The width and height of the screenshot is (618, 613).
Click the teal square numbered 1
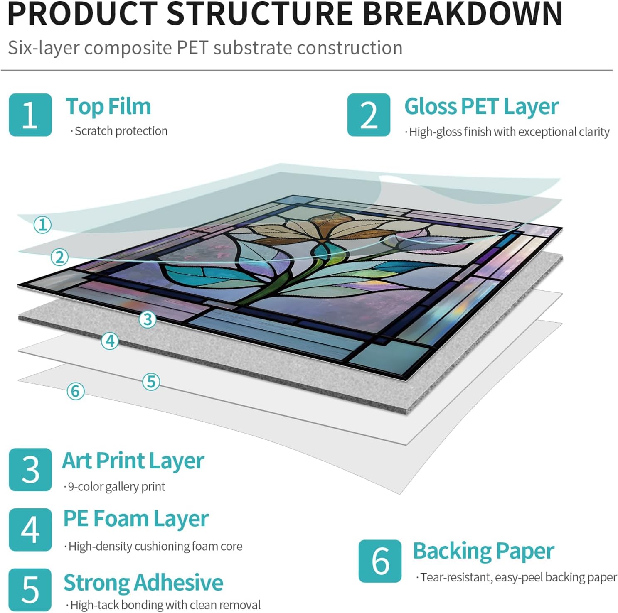pos(30,115)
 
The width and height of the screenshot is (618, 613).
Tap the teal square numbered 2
pos(369,115)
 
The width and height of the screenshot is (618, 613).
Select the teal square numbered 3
pos(30,470)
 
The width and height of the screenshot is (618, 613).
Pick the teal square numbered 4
pos(30,530)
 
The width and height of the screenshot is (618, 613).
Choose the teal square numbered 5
pos(30,589)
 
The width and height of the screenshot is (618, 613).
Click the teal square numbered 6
pos(380,561)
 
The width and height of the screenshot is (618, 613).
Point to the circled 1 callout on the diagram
pos(42,225)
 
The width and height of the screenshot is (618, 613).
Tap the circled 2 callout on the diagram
pos(59,257)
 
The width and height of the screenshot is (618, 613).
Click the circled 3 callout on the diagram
pos(147,319)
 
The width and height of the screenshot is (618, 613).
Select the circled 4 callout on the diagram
pos(110,341)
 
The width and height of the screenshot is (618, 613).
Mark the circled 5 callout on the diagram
pos(151,382)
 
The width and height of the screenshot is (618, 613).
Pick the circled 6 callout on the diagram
pos(76,391)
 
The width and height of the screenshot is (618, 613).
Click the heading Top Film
pos(108,106)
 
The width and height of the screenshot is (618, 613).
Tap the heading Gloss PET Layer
pos(481,107)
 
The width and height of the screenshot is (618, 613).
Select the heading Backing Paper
pos(483,552)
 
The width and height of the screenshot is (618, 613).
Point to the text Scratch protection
pos(121,131)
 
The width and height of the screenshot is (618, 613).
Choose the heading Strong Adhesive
pos(143,582)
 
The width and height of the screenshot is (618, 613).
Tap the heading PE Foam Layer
pos(136,519)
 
